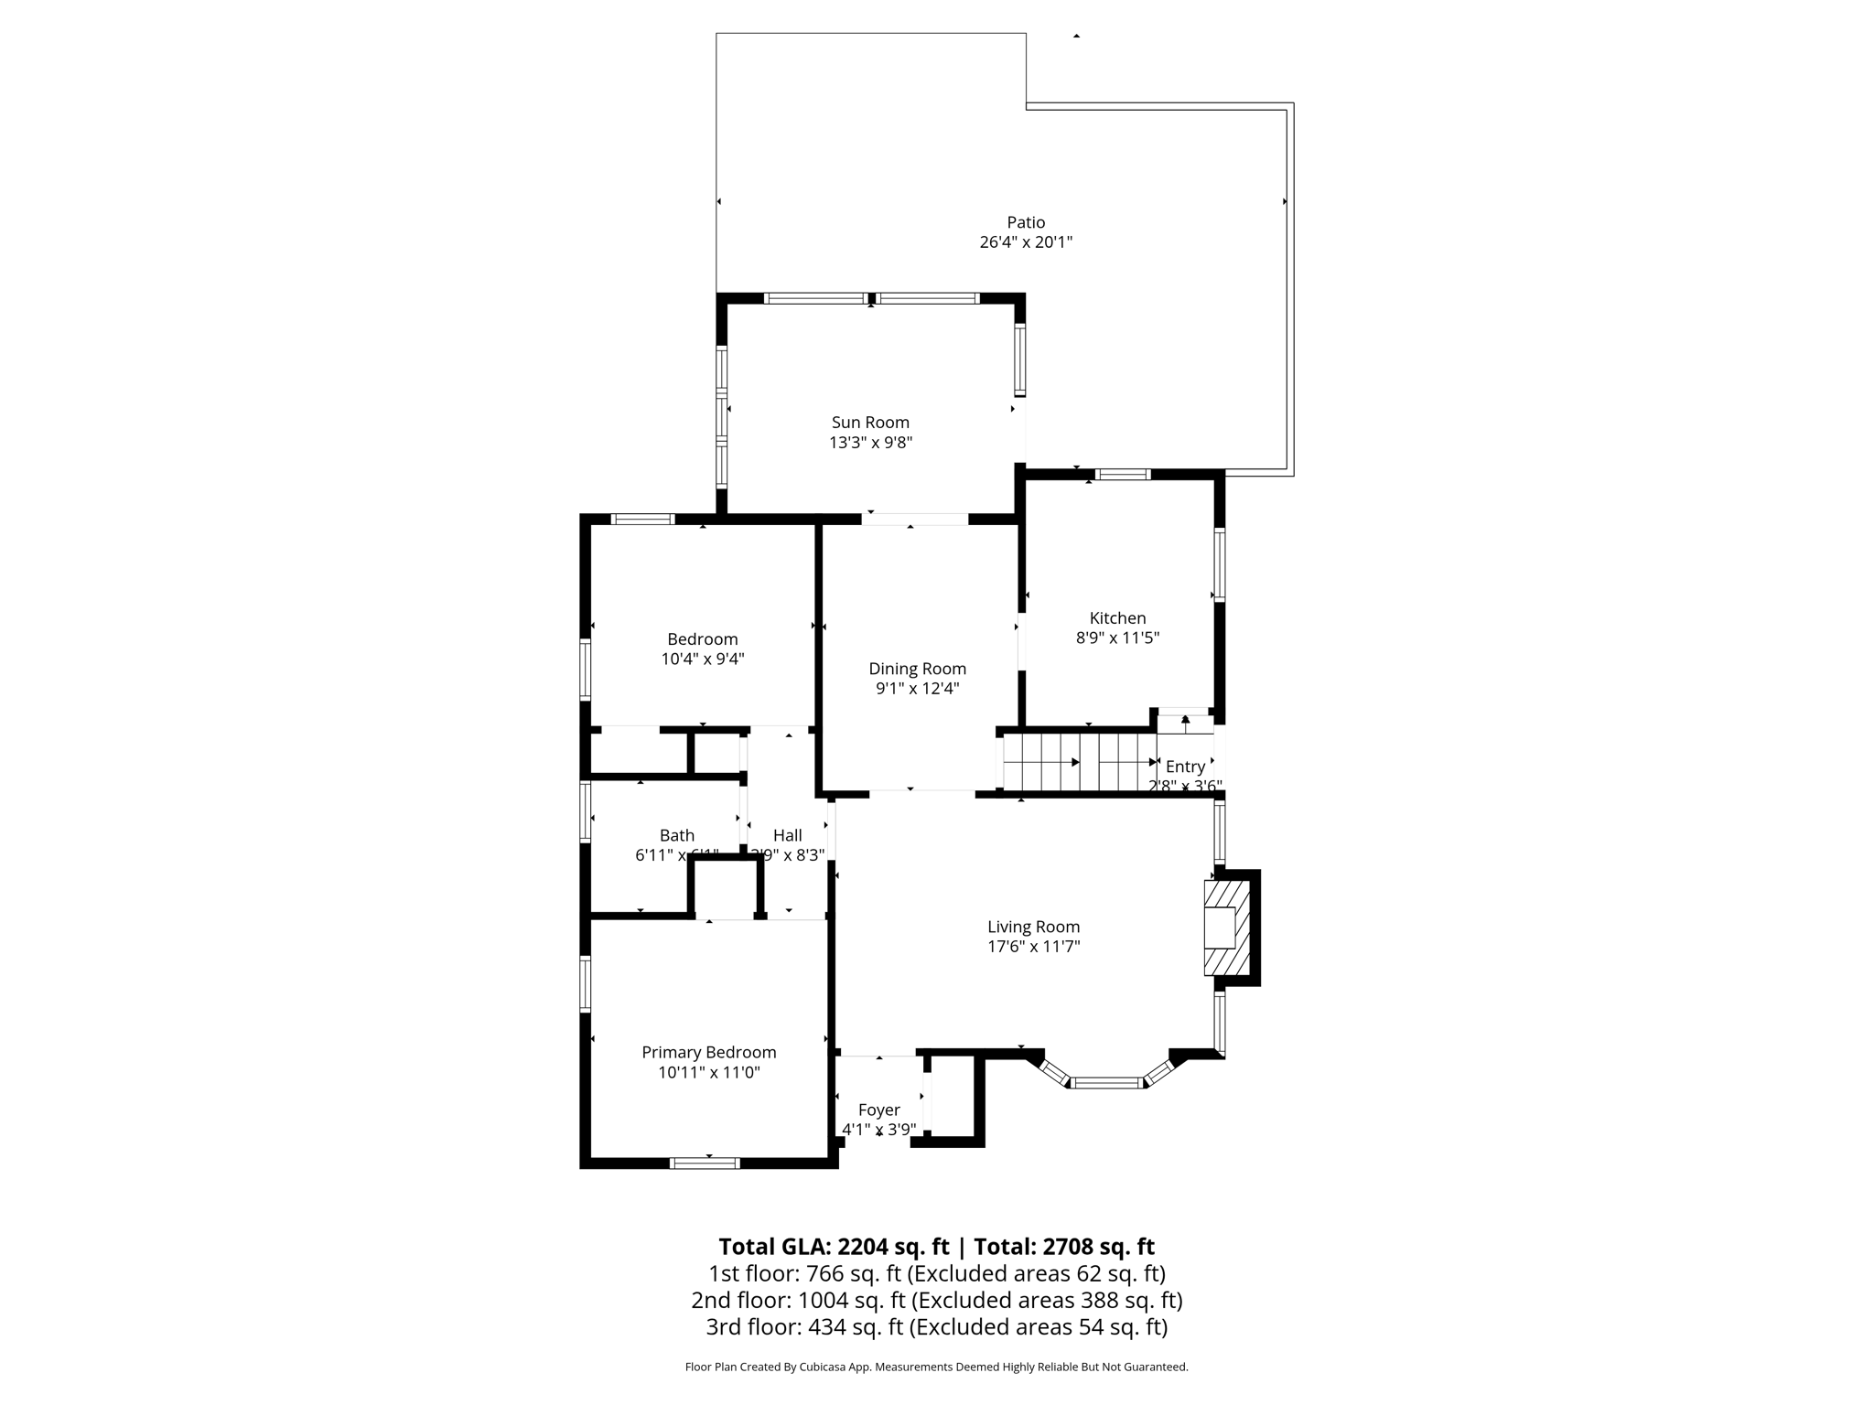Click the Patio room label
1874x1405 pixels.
(x=1026, y=222)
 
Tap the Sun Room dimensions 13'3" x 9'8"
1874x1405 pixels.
(x=870, y=443)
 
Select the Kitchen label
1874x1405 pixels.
(x=1117, y=618)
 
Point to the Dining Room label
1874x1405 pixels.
(x=917, y=669)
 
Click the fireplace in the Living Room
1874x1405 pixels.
(x=1226, y=928)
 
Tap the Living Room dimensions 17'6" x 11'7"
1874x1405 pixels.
(x=1033, y=947)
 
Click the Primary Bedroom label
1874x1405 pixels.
(x=708, y=1053)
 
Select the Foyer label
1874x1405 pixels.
(x=878, y=1110)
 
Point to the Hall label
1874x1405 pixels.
(x=787, y=835)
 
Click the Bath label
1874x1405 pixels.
(x=677, y=835)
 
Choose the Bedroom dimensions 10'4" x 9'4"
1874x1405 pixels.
(x=703, y=659)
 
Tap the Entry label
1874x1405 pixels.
(x=1185, y=767)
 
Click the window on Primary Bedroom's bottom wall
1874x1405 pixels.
(x=705, y=1164)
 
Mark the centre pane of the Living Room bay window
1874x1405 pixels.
(x=1106, y=1083)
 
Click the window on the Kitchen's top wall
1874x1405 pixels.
(x=1123, y=474)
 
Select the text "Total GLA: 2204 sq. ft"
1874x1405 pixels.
(x=834, y=1247)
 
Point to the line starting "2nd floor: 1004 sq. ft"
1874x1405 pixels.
(x=936, y=1300)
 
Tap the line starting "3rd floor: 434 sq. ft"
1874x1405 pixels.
(x=936, y=1326)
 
